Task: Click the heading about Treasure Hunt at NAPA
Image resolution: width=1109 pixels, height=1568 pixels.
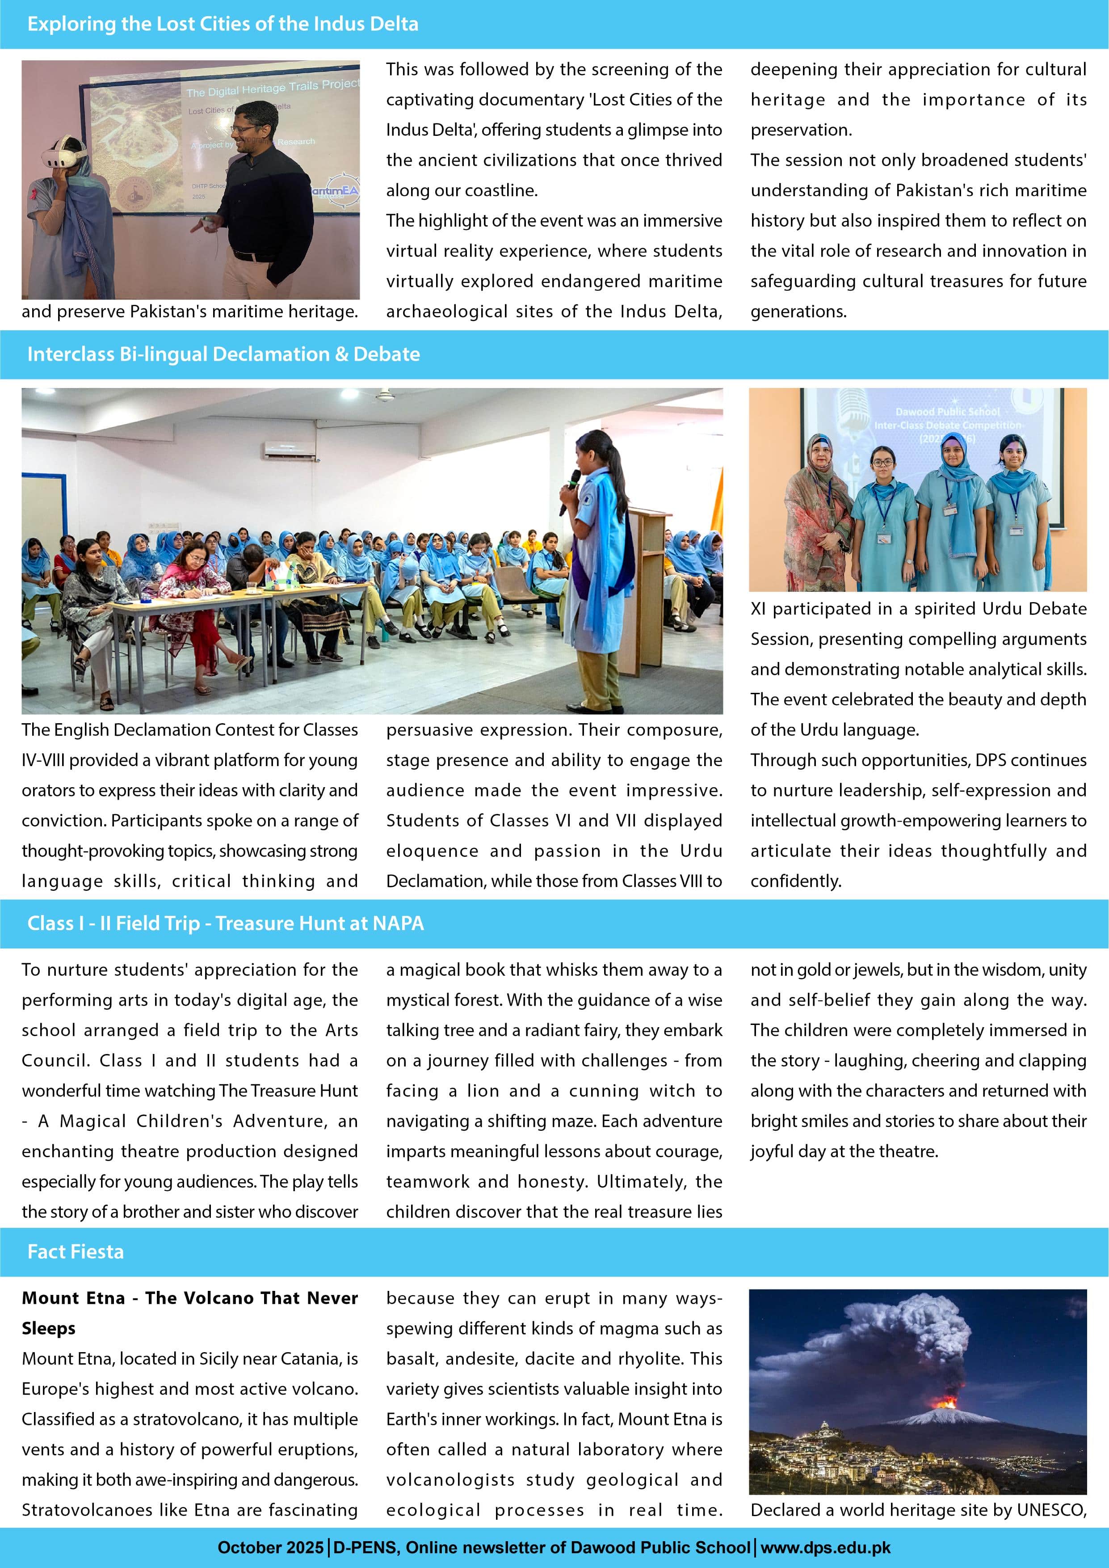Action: (x=225, y=923)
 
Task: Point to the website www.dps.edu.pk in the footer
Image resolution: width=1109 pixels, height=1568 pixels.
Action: (x=826, y=1547)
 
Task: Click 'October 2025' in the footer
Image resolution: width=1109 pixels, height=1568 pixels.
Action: (x=270, y=1547)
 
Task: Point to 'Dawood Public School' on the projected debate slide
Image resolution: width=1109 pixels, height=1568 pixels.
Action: (x=947, y=412)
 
